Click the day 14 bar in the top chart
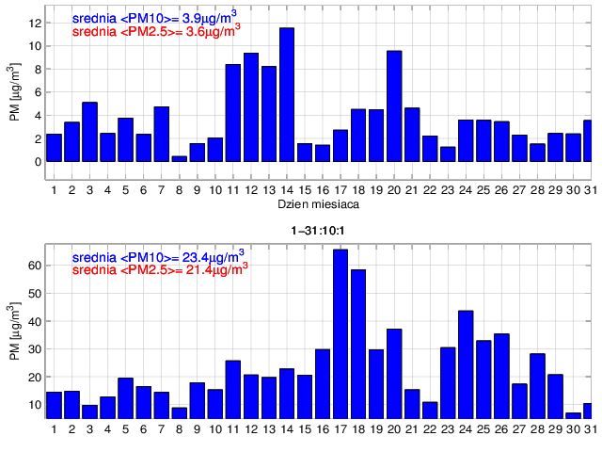(287, 94)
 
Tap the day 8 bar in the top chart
(179, 158)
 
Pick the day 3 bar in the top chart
(89, 132)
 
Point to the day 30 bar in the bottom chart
(574, 415)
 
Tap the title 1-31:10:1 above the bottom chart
(316, 230)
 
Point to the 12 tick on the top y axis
(35, 23)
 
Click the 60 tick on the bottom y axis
(35, 266)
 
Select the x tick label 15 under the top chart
(305, 190)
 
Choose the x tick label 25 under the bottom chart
(484, 429)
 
